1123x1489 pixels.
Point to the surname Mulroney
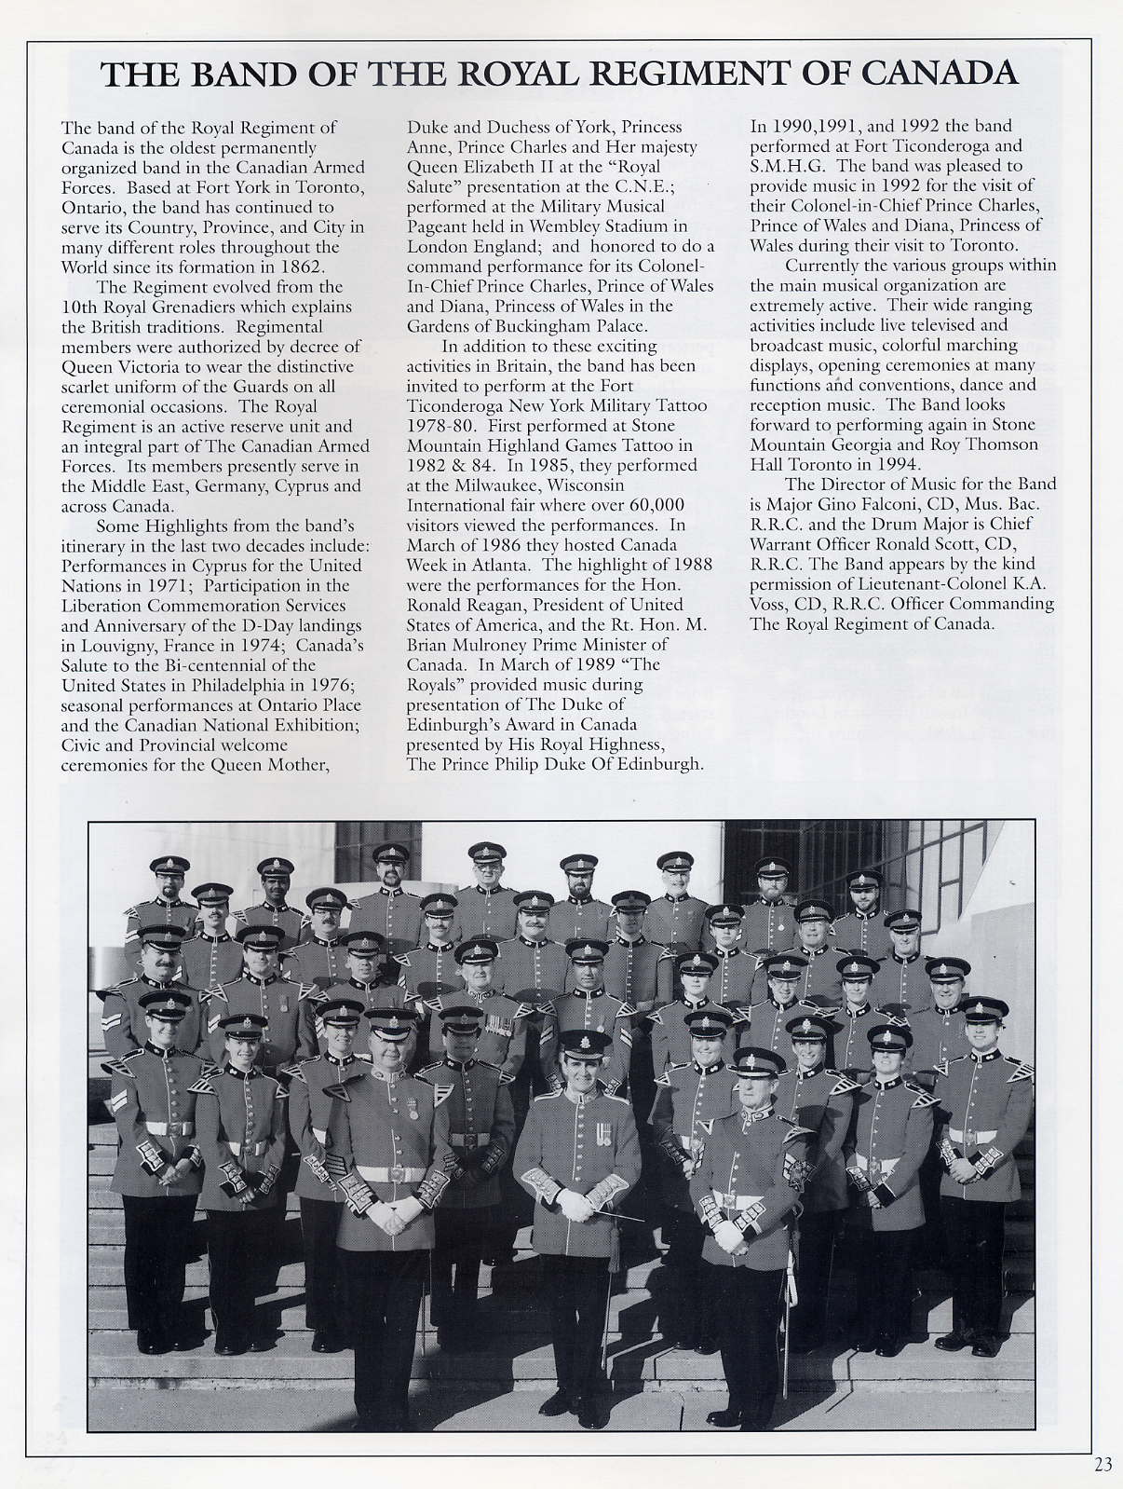pyautogui.click(x=518, y=645)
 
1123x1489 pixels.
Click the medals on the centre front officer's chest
pyautogui.click(x=602, y=1134)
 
